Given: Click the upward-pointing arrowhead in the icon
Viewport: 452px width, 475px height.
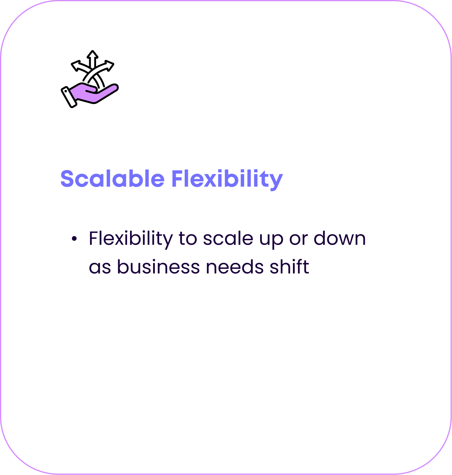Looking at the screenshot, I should (92, 55).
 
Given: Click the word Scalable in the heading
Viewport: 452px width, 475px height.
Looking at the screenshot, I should (112, 179).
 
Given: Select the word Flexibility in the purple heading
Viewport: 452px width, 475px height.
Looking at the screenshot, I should (227, 179).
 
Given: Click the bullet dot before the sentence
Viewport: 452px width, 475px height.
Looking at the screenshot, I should (74, 239).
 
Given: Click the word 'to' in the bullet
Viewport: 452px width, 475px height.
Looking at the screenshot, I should (188, 239).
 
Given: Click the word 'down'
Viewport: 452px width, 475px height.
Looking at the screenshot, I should (340, 239).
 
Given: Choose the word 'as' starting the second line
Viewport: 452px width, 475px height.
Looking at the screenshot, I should (100, 267).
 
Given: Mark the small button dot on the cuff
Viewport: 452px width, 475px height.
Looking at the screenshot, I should (66, 91).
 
